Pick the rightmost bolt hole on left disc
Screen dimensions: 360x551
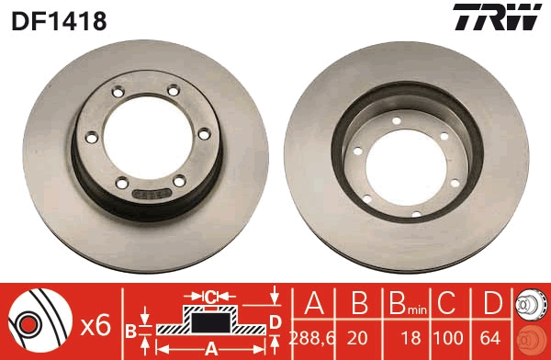pyautogui.click(x=203, y=135)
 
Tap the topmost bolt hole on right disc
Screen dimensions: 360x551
pyautogui.click(x=396, y=121)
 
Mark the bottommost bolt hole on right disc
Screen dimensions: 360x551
pyautogui.click(x=418, y=215)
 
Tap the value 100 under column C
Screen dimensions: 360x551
pyautogui.click(x=446, y=337)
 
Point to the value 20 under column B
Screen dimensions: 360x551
pyautogui.click(x=358, y=337)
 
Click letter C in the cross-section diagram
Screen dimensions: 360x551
pyautogui.click(x=210, y=297)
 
